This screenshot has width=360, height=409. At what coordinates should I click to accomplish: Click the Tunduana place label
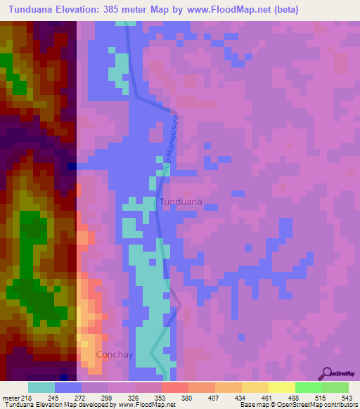pos(181,202)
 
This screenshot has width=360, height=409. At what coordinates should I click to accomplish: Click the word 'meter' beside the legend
pos(11,398)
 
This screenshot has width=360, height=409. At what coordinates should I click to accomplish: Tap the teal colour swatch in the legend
pos(41,387)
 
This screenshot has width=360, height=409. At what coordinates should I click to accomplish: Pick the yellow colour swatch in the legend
pos(281,387)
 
